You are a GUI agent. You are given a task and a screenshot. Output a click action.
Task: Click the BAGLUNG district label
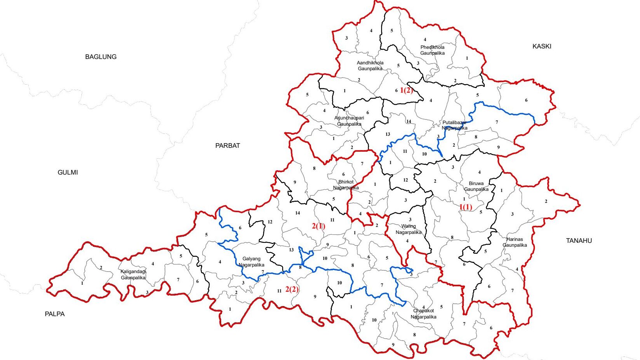pos(101,57)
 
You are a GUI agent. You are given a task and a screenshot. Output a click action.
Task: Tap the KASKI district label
pos(541,46)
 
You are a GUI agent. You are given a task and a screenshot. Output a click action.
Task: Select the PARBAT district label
pos(227,145)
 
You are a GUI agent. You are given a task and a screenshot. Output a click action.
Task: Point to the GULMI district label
pos(68,172)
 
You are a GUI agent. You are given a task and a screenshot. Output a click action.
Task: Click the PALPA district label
pos(54,314)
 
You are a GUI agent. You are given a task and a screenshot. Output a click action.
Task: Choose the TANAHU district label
pos(579,241)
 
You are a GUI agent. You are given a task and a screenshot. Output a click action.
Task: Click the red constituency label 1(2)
pos(406,90)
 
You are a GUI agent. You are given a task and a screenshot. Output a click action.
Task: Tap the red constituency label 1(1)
pos(466,207)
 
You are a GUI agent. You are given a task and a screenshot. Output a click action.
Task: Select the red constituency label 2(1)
pos(318,226)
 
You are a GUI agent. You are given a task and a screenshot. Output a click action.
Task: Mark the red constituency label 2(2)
pos(292,289)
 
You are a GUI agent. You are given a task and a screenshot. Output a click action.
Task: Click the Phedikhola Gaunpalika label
pos(432,50)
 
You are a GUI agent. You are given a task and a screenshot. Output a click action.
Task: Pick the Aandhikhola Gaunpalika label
pos(370,66)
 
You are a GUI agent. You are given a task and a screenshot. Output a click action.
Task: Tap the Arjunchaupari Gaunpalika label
pos(349,121)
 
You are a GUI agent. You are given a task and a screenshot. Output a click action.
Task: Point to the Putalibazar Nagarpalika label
pos(454,125)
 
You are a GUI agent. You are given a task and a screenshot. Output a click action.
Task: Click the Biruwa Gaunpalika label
pos(476,186)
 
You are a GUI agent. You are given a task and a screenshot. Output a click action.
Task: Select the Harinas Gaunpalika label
pos(515,242)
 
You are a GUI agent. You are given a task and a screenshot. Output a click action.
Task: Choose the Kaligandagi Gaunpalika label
pos(133,275)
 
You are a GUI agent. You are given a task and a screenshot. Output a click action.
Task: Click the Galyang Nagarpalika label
pos(251,262)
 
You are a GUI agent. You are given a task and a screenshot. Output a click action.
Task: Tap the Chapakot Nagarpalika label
pos(423,314)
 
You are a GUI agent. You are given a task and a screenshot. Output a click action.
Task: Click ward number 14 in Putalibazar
pos(408,121)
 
